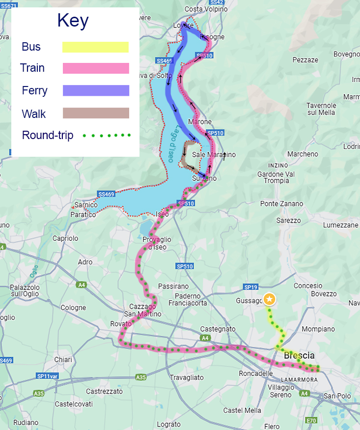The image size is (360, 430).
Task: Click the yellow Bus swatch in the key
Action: (x=95, y=47)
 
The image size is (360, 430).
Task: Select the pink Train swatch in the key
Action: (x=96, y=68)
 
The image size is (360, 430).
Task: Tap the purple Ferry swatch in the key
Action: (x=96, y=90)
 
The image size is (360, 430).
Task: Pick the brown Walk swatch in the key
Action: (x=96, y=113)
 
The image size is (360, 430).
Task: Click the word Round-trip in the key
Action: (x=48, y=135)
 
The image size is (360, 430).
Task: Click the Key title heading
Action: (x=73, y=21)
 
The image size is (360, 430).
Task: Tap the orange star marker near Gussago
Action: (x=269, y=299)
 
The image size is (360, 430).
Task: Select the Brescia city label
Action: (x=299, y=355)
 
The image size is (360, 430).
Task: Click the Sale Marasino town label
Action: (x=214, y=155)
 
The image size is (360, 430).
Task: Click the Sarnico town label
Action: (x=86, y=205)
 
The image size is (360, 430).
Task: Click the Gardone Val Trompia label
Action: (x=276, y=177)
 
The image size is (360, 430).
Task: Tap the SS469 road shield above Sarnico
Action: (x=106, y=194)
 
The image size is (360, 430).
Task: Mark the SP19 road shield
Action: (x=250, y=287)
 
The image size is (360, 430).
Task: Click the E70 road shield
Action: (x=311, y=421)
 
